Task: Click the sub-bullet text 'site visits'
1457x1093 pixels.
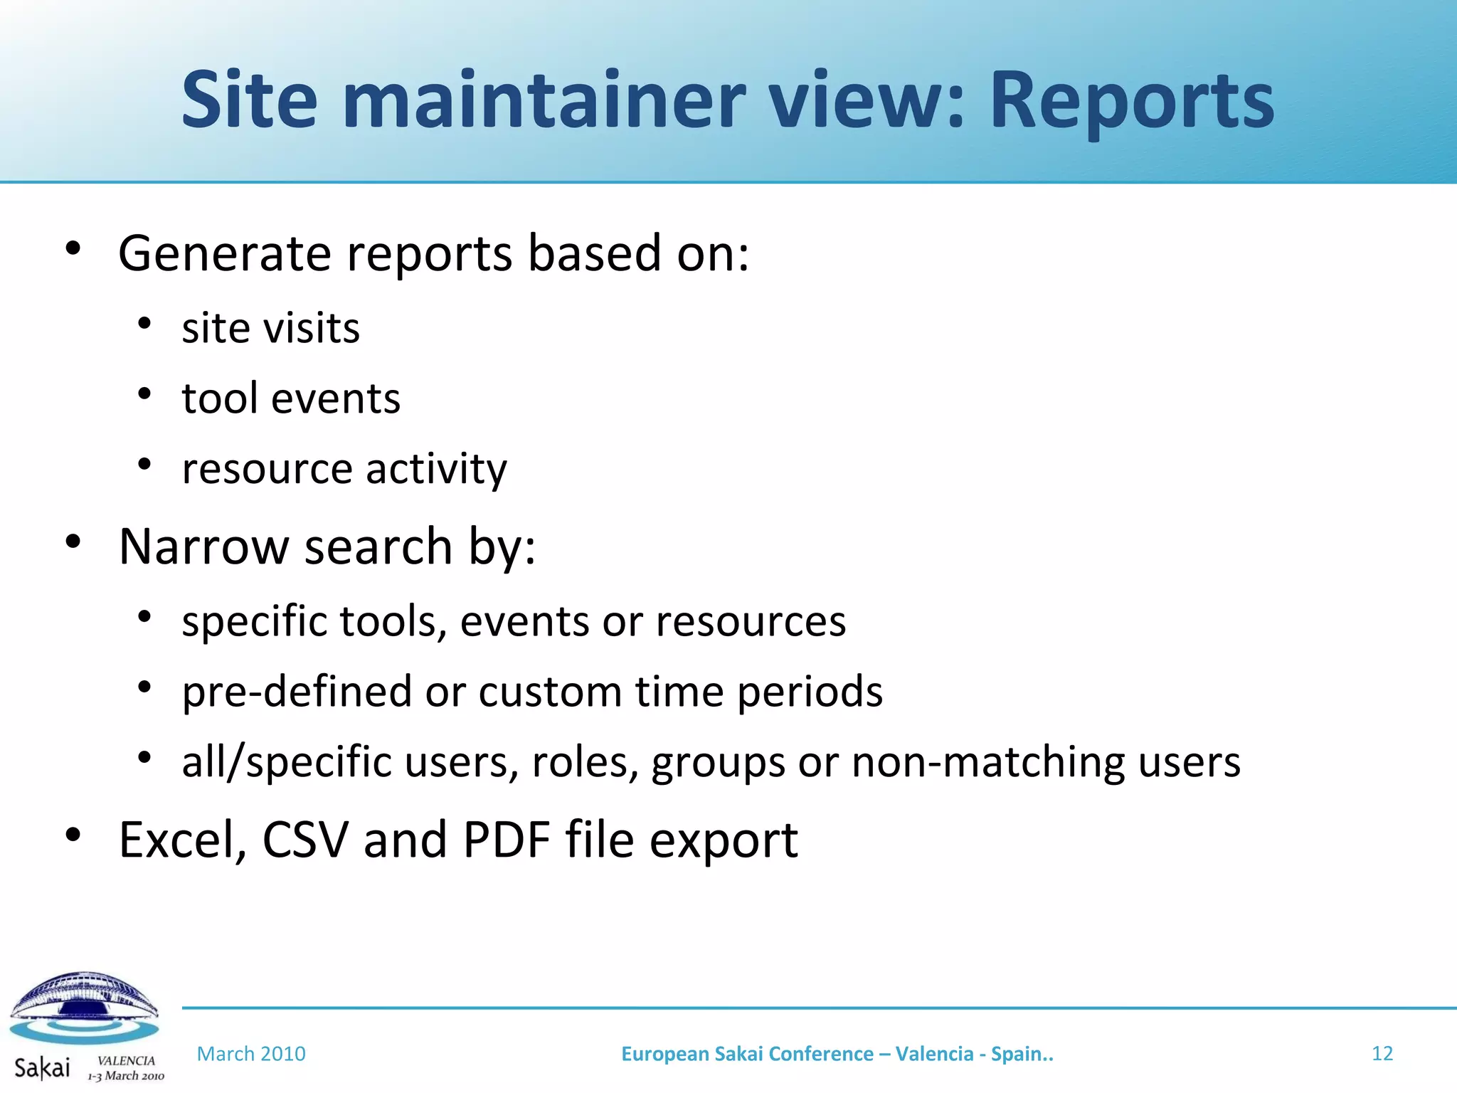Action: (x=270, y=329)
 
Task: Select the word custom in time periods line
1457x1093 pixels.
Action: (x=550, y=692)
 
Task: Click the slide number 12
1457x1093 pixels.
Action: (x=1382, y=1053)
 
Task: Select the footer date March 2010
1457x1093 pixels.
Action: (x=251, y=1054)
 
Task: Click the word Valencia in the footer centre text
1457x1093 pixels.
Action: (x=934, y=1054)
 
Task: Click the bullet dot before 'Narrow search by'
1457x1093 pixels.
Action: (x=73, y=542)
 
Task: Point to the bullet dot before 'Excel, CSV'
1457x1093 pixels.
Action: (x=73, y=835)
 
